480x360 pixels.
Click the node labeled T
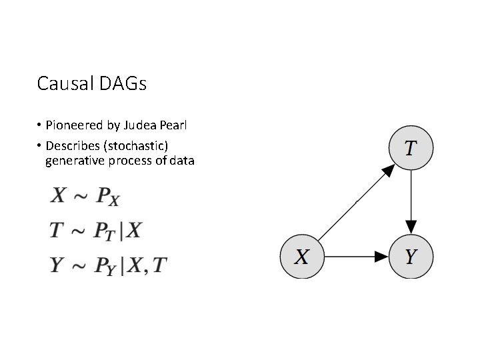(x=411, y=147)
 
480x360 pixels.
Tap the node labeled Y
(x=411, y=256)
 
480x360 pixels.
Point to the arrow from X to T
(x=354, y=203)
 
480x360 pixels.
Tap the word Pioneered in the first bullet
(x=73, y=126)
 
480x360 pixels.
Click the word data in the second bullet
(x=180, y=161)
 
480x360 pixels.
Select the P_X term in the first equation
(x=107, y=197)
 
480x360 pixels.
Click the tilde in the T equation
(x=78, y=231)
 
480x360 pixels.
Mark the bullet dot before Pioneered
(x=40, y=126)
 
